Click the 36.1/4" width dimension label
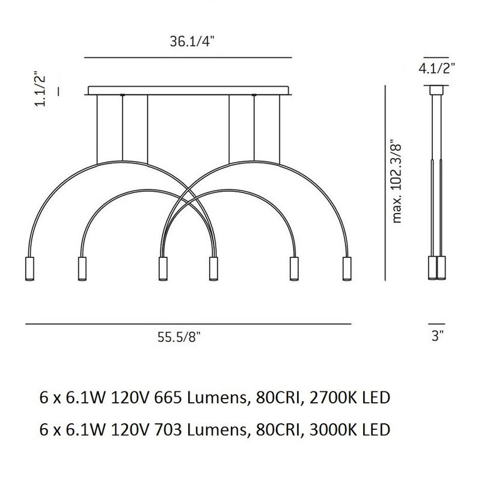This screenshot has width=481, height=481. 191,41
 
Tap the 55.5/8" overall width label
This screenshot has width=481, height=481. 179,337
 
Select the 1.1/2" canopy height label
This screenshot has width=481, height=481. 40,89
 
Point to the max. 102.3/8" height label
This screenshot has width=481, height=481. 396,182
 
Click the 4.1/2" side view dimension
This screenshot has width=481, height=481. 437,68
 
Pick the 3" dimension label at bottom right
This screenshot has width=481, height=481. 438,335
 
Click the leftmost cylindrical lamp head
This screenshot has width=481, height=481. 29,268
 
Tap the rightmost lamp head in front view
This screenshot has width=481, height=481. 347,268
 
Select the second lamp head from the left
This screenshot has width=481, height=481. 82,268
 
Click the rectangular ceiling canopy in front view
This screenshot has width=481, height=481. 188,91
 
